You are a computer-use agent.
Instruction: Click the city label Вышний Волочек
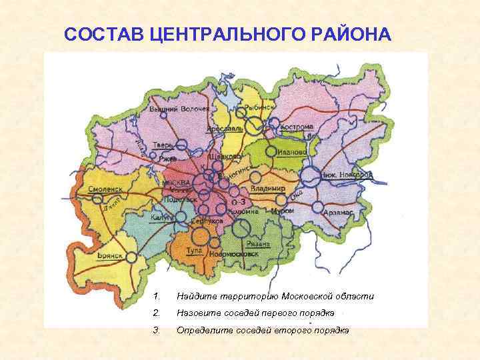pos(179,109)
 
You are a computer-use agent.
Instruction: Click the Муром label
pos(282,211)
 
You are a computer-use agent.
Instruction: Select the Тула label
pos(194,249)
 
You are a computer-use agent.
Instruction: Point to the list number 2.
pos(155,313)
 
